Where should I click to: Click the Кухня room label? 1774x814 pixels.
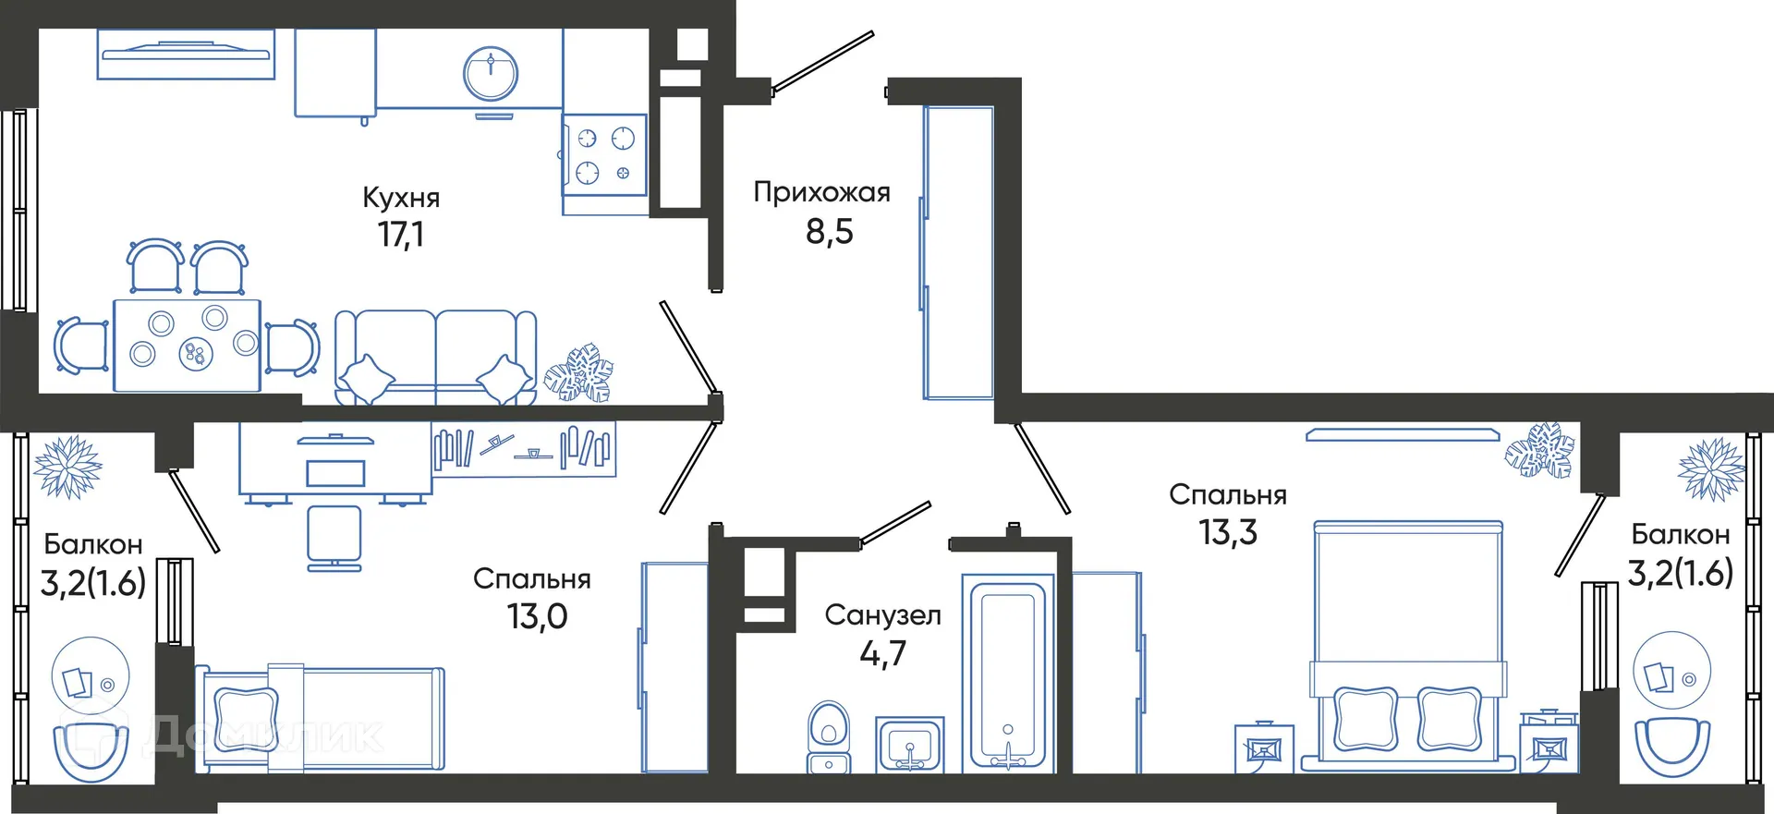tap(401, 198)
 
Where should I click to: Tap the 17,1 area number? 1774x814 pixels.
tap(401, 235)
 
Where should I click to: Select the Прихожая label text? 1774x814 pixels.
tap(821, 193)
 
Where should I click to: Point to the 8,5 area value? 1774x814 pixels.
tap(829, 232)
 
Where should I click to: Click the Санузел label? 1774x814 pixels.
tap(882, 615)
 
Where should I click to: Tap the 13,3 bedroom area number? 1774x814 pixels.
tap(1228, 533)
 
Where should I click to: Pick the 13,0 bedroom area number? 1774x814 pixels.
tap(537, 616)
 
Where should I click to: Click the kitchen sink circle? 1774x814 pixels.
tap(491, 74)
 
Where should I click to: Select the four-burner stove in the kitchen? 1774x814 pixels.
tap(605, 155)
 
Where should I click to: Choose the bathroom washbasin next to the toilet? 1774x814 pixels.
tap(910, 745)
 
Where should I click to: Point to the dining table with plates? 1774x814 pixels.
tap(188, 345)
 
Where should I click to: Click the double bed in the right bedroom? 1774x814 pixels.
tap(1408, 647)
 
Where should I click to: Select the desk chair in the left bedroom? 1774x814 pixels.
tap(334, 536)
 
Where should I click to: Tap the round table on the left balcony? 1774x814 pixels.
tap(90, 674)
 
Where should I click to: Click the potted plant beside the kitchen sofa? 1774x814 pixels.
tap(579, 374)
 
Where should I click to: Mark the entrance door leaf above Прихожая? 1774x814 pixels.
tap(822, 62)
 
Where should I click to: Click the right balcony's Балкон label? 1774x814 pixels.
tap(1680, 535)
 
